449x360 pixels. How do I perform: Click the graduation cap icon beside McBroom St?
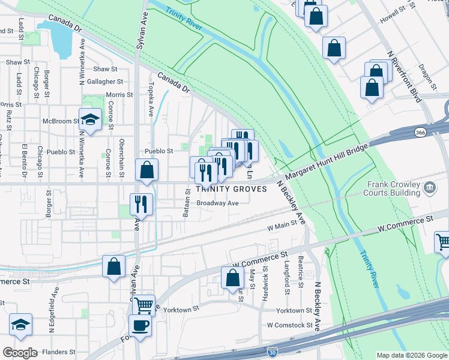click(x=90, y=119)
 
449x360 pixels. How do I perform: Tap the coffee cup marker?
click(x=140, y=326)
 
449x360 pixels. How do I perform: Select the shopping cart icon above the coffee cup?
click(x=143, y=305)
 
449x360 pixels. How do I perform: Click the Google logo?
click(x=20, y=352)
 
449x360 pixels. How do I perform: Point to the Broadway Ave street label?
click(x=218, y=203)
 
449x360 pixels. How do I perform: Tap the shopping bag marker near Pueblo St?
click(x=146, y=170)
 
